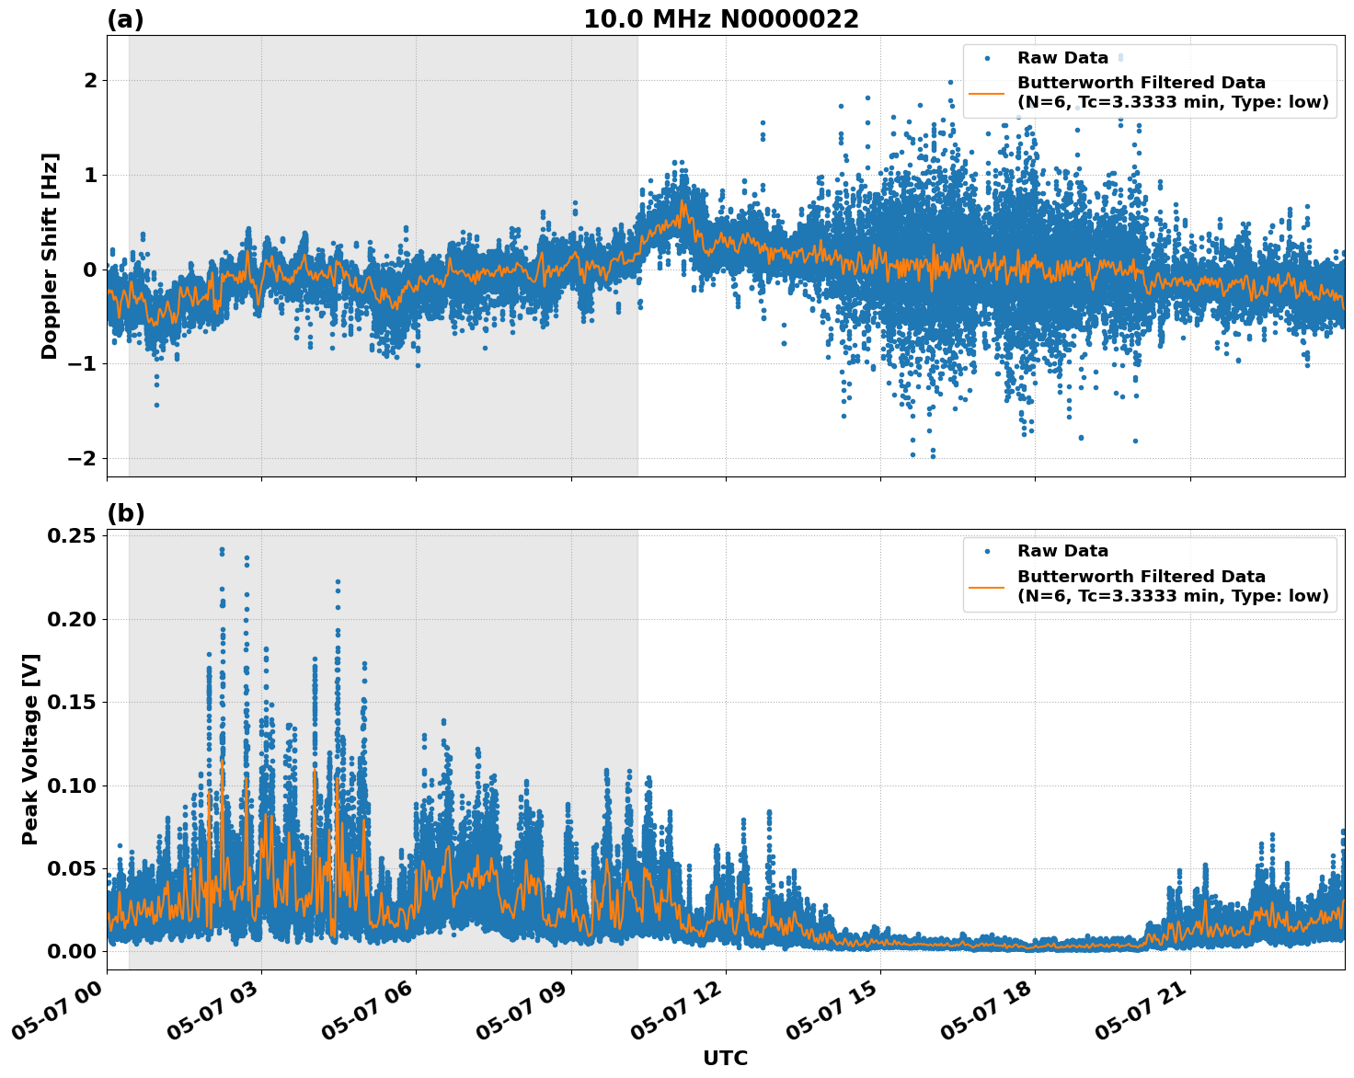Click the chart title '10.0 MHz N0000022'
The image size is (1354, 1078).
(720, 19)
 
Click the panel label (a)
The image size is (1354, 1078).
(125, 19)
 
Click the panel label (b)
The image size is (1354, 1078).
(125, 513)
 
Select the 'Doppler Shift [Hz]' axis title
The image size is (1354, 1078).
(50, 256)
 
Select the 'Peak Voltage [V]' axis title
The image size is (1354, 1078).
(30, 749)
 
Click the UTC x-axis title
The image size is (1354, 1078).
(725, 1058)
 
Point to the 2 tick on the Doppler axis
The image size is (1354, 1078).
(90, 81)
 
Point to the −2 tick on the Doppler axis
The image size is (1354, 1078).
(84, 458)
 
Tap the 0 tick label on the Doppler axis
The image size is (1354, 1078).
(90, 269)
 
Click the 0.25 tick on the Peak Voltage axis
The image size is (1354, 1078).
(75, 535)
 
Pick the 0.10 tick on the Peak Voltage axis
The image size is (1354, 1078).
(75, 786)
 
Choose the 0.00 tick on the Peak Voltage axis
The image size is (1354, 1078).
(75, 951)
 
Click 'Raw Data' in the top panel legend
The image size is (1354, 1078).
(1062, 58)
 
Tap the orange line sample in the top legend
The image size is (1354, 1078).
(986, 92)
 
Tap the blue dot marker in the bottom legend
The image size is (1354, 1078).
(986, 551)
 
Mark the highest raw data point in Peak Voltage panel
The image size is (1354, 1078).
(222, 550)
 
